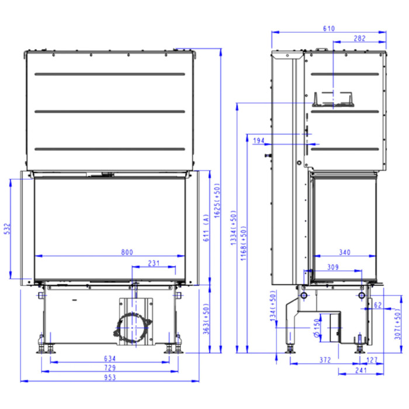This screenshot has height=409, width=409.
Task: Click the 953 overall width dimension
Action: tap(110, 377)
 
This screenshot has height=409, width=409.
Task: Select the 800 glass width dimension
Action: tap(127, 252)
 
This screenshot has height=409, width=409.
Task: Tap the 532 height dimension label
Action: tap(8, 228)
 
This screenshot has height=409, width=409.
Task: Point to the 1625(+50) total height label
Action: tap(217, 200)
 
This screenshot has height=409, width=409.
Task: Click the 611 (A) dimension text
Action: tap(206, 228)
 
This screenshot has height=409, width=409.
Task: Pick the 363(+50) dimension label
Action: tap(206, 318)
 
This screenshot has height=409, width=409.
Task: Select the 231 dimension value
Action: tap(154, 263)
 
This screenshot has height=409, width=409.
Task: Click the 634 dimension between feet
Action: tap(110, 358)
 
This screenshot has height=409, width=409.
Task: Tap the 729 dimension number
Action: tap(110, 368)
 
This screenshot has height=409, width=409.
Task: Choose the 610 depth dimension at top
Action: tap(328, 29)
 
